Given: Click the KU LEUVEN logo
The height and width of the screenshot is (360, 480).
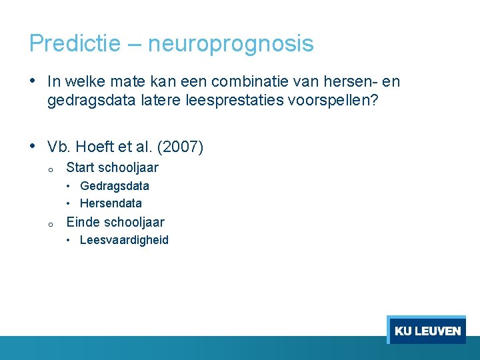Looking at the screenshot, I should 427,331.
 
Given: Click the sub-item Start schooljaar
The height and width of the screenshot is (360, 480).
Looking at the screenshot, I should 112,167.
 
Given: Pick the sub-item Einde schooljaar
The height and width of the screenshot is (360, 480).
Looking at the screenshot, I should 115,222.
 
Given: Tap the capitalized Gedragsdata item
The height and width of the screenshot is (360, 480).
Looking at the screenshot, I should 114,186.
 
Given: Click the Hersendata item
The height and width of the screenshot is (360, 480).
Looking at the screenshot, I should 111,203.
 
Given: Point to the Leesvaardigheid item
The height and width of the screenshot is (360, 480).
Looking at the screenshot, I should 124,240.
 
